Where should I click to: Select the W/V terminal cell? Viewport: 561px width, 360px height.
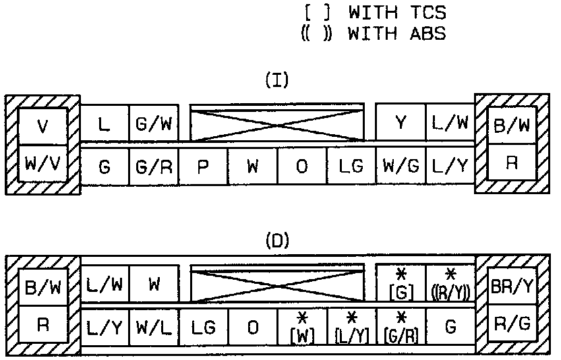(42, 164)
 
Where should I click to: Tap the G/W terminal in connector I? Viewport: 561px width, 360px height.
(153, 123)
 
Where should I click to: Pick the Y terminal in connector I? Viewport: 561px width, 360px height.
(401, 123)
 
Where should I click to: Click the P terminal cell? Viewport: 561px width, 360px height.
(202, 167)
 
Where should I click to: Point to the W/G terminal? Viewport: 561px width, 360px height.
(401, 167)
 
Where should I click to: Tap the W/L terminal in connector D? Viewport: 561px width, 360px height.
(153, 328)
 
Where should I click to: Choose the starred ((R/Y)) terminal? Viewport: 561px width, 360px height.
(450, 284)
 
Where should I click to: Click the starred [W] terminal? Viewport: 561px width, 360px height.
(301, 328)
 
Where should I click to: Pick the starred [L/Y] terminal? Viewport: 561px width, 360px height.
(351, 328)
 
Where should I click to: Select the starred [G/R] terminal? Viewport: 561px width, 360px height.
(401, 328)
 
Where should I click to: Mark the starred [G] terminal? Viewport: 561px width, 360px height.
(401, 284)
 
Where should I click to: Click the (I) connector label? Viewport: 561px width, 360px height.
(277, 82)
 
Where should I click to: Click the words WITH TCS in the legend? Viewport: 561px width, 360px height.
(396, 12)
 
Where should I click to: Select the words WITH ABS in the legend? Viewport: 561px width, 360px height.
(396, 34)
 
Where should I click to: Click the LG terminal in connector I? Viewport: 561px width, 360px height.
(351, 167)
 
